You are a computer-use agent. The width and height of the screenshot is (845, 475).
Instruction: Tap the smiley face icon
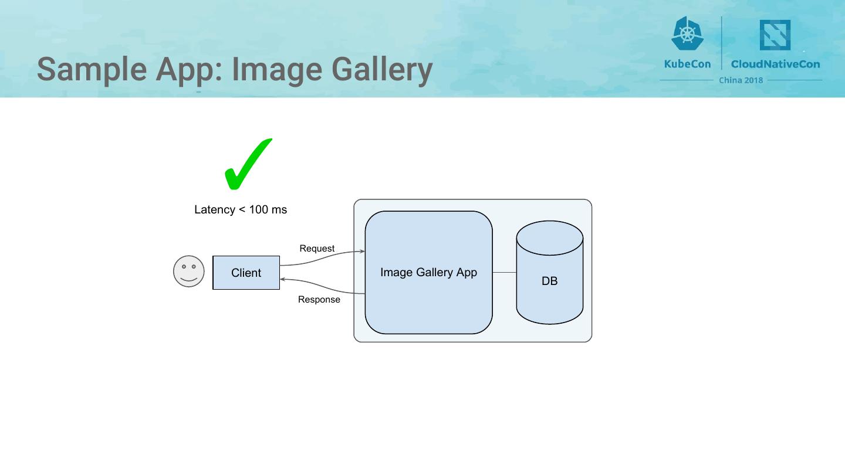click(189, 272)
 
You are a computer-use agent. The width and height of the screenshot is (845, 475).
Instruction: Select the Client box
click(246, 273)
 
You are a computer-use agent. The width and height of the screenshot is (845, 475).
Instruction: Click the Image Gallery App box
click(428, 273)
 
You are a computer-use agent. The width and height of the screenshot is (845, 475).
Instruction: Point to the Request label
click(317, 249)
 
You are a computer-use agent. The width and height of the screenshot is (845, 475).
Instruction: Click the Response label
click(319, 300)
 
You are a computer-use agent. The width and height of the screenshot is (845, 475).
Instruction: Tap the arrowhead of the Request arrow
click(363, 252)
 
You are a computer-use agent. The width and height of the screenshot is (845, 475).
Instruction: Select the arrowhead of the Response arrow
click(283, 280)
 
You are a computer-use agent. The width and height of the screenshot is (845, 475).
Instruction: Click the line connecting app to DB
click(504, 273)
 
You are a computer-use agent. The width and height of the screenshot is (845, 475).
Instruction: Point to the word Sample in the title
click(92, 70)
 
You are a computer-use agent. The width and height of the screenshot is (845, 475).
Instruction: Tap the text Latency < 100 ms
click(241, 210)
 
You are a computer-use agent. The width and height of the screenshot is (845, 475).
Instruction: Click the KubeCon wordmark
click(687, 64)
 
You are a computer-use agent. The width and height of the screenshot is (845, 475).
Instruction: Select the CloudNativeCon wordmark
click(775, 64)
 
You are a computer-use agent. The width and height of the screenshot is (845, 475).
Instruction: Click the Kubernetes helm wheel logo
click(687, 33)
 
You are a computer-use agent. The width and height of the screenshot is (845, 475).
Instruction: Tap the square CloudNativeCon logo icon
click(775, 35)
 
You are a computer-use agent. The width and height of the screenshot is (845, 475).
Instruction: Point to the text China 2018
click(741, 80)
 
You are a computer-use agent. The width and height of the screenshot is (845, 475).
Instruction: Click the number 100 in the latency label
click(259, 210)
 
